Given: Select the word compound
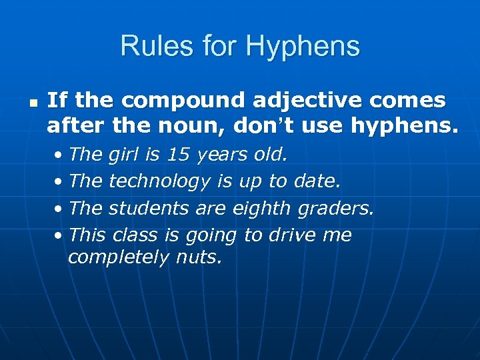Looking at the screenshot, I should pos(183,101).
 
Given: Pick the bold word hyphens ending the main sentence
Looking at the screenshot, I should pos(407,125).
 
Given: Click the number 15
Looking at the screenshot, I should pos(178,155).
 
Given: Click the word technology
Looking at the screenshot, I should pos(160,182).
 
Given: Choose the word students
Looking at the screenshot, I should pos(149,208).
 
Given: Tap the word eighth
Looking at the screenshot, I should pos(261,209).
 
